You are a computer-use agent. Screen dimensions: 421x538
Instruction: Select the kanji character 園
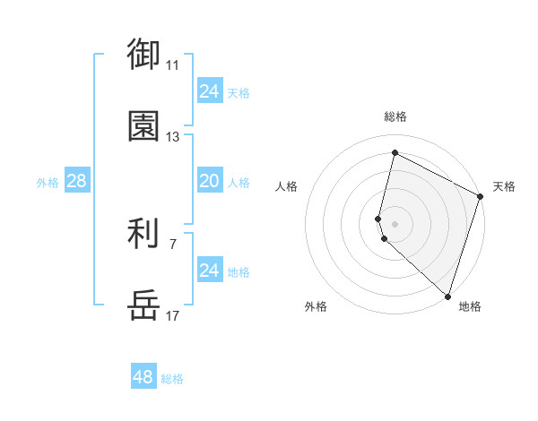(143, 126)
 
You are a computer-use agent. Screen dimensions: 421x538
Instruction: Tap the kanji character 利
(143, 235)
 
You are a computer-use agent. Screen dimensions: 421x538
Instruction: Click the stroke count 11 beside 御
(173, 65)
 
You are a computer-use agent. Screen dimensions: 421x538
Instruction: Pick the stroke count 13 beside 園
(173, 137)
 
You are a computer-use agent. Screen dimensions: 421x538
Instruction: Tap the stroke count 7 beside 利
(173, 243)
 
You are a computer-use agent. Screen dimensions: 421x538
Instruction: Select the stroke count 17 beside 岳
(173, 315)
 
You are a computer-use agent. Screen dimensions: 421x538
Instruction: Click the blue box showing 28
(77, 182)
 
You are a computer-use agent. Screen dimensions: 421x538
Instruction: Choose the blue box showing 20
(209, 182)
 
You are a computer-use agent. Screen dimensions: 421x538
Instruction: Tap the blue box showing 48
(143, 377)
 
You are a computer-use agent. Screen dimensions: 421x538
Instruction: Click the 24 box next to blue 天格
(209, 91)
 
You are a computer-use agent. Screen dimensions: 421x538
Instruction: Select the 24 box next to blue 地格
(209, 271)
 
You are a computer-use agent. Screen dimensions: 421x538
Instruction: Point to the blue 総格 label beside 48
(172, 379)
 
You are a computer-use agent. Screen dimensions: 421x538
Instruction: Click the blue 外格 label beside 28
(48, 183)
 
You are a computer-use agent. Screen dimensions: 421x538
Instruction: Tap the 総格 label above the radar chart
(395, 116)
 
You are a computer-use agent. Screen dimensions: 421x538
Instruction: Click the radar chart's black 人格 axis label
(287, 186)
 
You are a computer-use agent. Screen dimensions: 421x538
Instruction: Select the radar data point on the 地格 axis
(447, 295)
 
